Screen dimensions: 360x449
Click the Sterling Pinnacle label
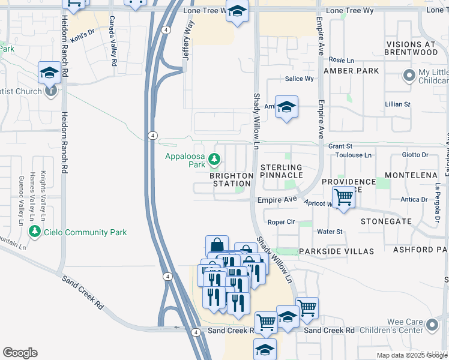pyautogui.click(x=282, y=171)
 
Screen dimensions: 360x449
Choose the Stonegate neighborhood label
pyautogui.click(x=386, y=221)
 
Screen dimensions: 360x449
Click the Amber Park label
pyautogui.click(x=351, y=71)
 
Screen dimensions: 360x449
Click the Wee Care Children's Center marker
pyautogui.click(x=432, y=326)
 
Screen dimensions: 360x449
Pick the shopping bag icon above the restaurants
pyautogui.click(x=217, y=245)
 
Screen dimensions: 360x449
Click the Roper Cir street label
pyautogui.click(x=281, y=221)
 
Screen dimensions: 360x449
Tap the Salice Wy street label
pyautogui.click(x=300, y=79)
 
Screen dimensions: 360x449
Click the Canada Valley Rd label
pyautogui.click(x=112, y=40)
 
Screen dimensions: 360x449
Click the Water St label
pyautogui.click(x=330, y=232)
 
